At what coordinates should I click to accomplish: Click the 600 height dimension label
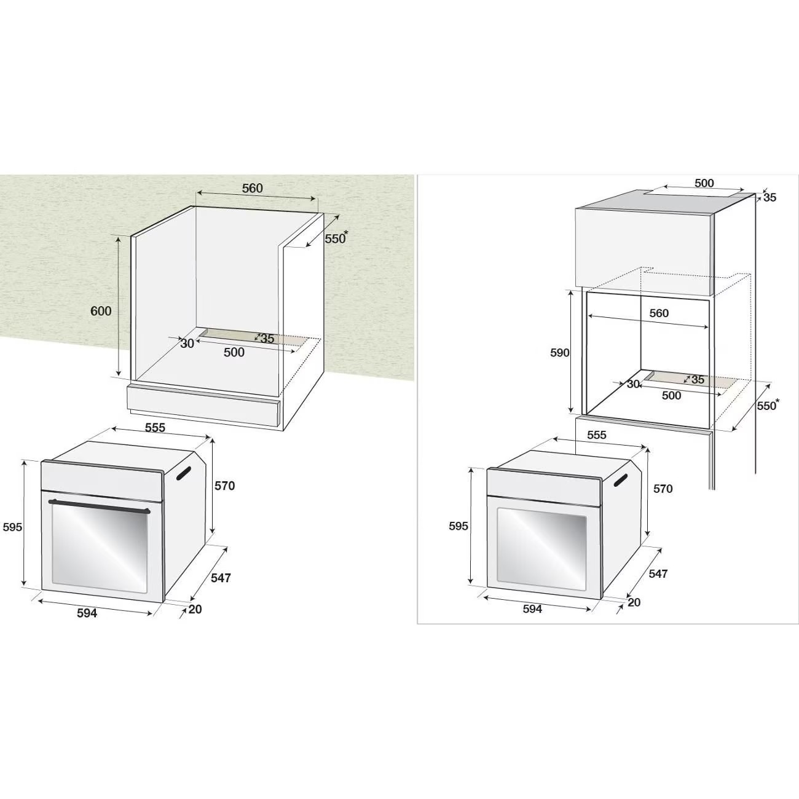[x=101, y=311]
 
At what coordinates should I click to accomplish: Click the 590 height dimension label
[x=559, y=353]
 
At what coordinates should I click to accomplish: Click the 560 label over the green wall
[x=252, y=188]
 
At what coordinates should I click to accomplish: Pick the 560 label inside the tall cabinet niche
[x=659, y=313]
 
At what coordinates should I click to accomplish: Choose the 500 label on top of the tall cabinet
[x=704, y=183]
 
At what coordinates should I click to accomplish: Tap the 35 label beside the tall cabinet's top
[x=769, y=197]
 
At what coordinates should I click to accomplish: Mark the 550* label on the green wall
[x=336, y=238]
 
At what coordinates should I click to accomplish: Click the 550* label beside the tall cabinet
[x=767, y=406]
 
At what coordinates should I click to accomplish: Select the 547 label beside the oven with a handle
[x=221, y=578]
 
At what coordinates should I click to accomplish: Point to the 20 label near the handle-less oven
[x=634, y=602]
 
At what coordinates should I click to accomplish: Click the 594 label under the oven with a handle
[x=87, y=613]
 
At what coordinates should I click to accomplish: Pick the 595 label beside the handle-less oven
[x=459, y=526]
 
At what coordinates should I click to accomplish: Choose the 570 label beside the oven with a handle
[x=224, y=486]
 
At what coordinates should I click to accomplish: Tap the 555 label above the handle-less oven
[x=596, y=435]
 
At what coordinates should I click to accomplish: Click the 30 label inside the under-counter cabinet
[x=187, y=344]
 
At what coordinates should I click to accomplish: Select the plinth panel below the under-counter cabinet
[x=203, y=406]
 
